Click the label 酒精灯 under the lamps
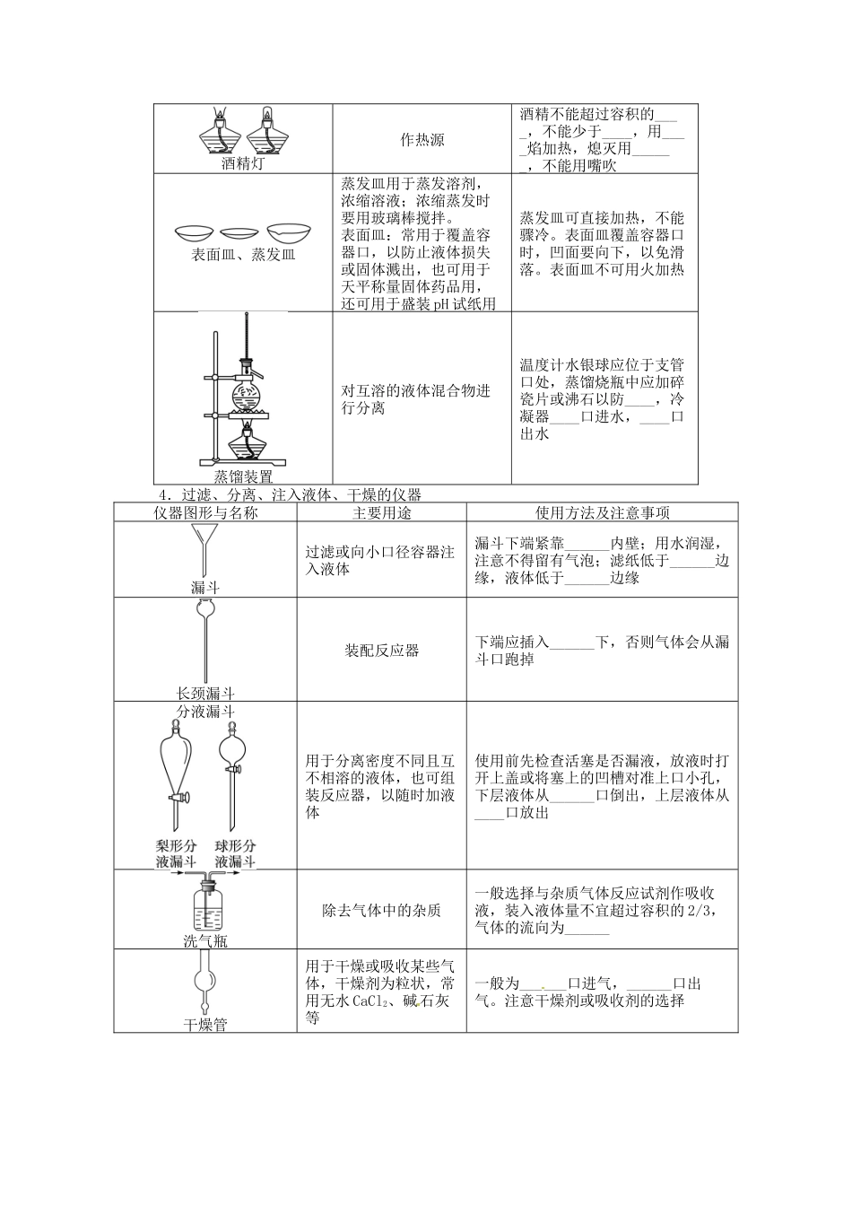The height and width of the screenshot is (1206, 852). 243,164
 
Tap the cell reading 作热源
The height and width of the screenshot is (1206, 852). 422,140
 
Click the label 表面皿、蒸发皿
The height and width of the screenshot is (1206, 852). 243,255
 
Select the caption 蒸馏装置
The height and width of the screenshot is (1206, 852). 243,476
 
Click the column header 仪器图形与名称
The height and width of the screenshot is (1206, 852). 205,512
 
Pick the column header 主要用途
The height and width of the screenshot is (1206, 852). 381,512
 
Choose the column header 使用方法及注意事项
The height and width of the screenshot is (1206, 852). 602,512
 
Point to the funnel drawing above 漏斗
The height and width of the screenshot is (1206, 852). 205,549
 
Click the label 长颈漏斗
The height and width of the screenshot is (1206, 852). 205,694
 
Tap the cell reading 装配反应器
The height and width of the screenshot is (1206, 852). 381,651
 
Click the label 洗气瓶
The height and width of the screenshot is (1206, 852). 205,940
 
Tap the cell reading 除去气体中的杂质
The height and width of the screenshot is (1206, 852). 381,910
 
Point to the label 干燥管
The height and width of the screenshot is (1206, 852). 205,1024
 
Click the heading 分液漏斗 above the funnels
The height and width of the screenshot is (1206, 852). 205,712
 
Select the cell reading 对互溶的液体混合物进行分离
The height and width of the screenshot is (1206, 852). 417,399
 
